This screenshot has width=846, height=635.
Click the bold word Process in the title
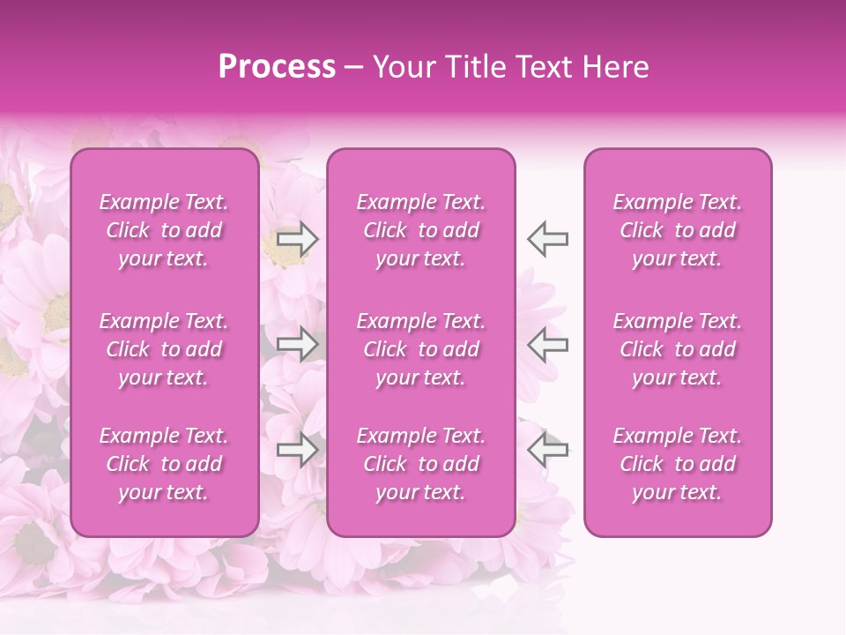277,67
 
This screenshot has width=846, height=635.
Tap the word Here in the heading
616,67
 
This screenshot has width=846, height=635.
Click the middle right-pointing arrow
297,344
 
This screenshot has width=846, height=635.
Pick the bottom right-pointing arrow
297,450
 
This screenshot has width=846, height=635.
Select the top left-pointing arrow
548,239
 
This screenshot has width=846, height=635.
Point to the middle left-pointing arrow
548,344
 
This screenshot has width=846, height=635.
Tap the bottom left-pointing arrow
548,449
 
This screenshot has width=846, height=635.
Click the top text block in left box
164,230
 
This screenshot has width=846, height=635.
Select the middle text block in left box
164,349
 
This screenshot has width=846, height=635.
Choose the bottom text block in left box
164,464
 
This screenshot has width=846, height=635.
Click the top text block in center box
421,230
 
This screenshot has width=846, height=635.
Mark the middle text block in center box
421,349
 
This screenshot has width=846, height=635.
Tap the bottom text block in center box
421,464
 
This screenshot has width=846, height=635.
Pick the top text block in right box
678,230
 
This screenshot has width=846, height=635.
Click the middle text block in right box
678,349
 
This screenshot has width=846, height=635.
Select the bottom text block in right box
678,464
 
